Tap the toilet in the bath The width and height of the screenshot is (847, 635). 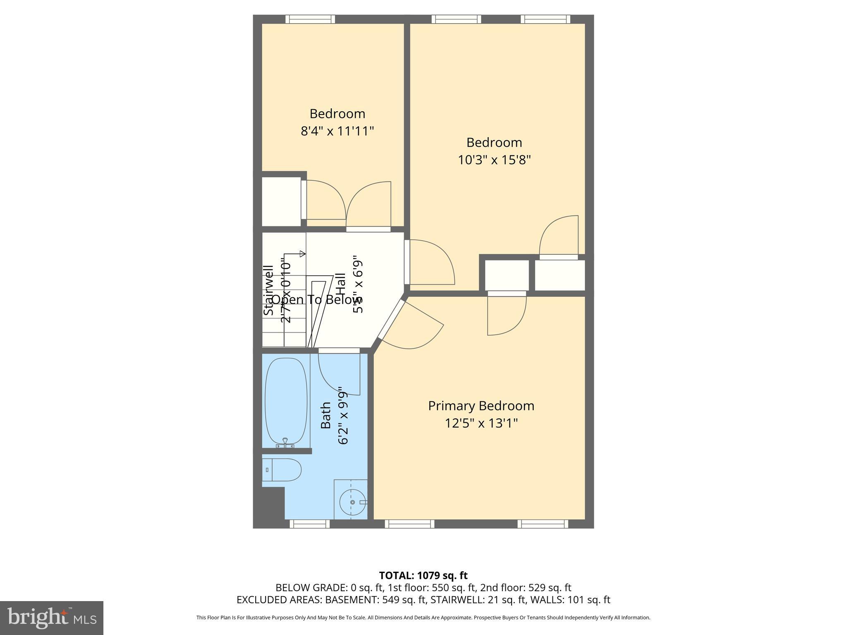[x=283, y=470]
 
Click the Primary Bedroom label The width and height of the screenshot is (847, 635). [x=481, y=406]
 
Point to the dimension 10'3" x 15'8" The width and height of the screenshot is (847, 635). [x=494, y=160]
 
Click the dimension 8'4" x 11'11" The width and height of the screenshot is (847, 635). [x=337, y=131]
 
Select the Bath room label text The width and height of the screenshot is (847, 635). [x=326, y=415]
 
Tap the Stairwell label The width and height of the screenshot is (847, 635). [x=269, y=291]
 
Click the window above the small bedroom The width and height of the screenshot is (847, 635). [x=310, y=19]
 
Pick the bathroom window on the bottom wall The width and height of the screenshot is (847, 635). [x=310, y=524]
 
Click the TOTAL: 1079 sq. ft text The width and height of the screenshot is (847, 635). [x=423, y=575]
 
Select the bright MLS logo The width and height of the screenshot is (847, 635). [x=52, y=618]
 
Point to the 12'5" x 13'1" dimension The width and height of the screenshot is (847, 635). [x=481, y=423]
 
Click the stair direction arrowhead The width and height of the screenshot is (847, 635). [x=303, y=253]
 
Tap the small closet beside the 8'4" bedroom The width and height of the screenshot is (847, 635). [x=281, y=201]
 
